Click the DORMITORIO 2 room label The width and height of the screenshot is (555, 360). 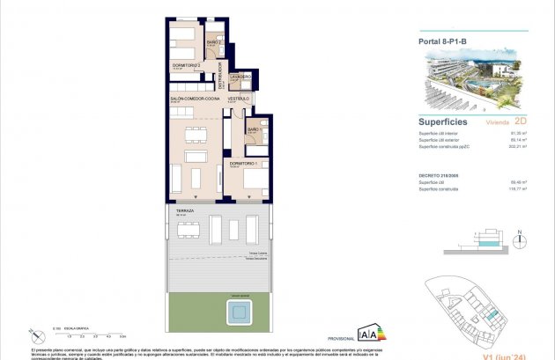point(187,64)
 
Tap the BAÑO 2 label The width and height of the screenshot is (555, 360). point(212,42)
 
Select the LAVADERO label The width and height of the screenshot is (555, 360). point(241,77)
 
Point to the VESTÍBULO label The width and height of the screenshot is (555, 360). point(240,99)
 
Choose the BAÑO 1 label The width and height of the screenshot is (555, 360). point(254,130)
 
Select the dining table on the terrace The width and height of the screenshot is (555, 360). point(188,231)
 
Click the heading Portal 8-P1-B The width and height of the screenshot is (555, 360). point(444,39)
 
